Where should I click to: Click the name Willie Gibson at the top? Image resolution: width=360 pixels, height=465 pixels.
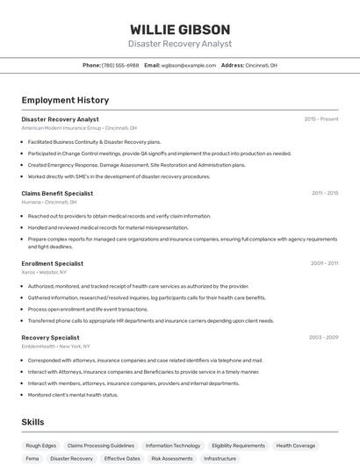point(179,29)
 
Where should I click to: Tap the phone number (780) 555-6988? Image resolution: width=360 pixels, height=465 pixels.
point(120,65)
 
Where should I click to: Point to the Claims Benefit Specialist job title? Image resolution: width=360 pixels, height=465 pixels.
point(57,193)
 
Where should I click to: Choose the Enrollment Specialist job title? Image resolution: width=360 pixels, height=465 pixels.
point(52,263)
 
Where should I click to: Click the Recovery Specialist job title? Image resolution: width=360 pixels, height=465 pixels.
point(50,337)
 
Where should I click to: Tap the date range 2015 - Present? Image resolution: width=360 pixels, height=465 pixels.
point(320,119)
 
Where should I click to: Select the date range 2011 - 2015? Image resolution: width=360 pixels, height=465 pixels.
point(324,193)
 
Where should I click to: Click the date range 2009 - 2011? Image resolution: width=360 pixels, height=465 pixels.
point(324,263)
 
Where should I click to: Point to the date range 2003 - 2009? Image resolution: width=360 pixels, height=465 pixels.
point(323,337)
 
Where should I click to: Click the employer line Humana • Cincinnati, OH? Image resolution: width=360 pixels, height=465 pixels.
point(49,202)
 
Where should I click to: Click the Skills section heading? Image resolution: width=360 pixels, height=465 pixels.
point(32,422)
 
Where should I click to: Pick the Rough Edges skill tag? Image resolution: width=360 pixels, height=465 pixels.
point(41,446)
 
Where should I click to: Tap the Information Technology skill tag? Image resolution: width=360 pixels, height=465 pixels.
point(173,446)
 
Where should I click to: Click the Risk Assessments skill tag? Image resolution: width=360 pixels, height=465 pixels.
point(172,458)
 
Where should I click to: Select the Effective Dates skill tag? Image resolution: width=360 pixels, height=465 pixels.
point(122,458)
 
